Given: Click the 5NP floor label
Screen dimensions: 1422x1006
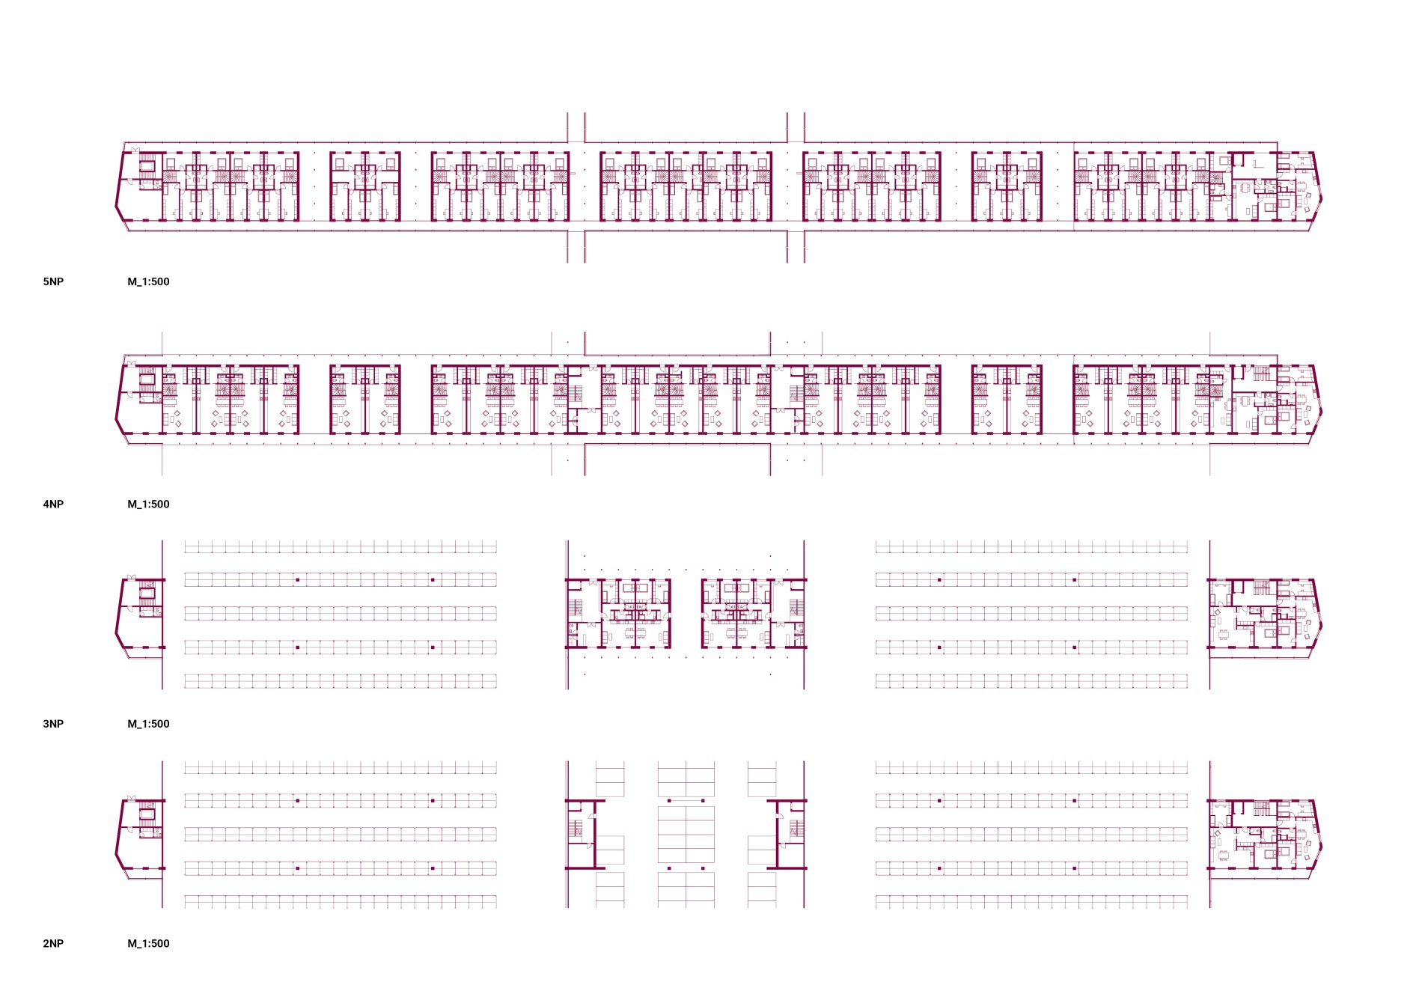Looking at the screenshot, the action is pos(53,281).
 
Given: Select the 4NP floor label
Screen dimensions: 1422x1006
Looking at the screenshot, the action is pos(53,504).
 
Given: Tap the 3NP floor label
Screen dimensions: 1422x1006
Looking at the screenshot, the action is pos(53,724).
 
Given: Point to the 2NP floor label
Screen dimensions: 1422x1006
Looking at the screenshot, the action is pos(53,943).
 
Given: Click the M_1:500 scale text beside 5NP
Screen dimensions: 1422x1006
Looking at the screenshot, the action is pos(148,281).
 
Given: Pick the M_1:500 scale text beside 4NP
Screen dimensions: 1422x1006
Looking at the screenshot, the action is pos(148,504).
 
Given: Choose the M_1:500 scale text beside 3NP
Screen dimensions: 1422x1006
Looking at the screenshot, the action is pos(148,724).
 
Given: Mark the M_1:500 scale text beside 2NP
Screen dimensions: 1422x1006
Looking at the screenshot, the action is pos(148,943).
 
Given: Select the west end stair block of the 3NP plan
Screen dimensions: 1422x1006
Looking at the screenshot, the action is pos(140,615).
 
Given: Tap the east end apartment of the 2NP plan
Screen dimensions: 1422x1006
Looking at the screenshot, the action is pos(1264,835).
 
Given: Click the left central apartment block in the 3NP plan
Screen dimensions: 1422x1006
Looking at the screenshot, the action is pos(618,613).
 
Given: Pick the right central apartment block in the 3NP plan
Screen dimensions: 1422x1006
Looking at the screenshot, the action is pos(754,613).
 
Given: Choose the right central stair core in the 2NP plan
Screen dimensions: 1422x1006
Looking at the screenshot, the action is pos(787,834).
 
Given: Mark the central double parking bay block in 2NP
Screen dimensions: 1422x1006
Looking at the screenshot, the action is pos(686,835).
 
